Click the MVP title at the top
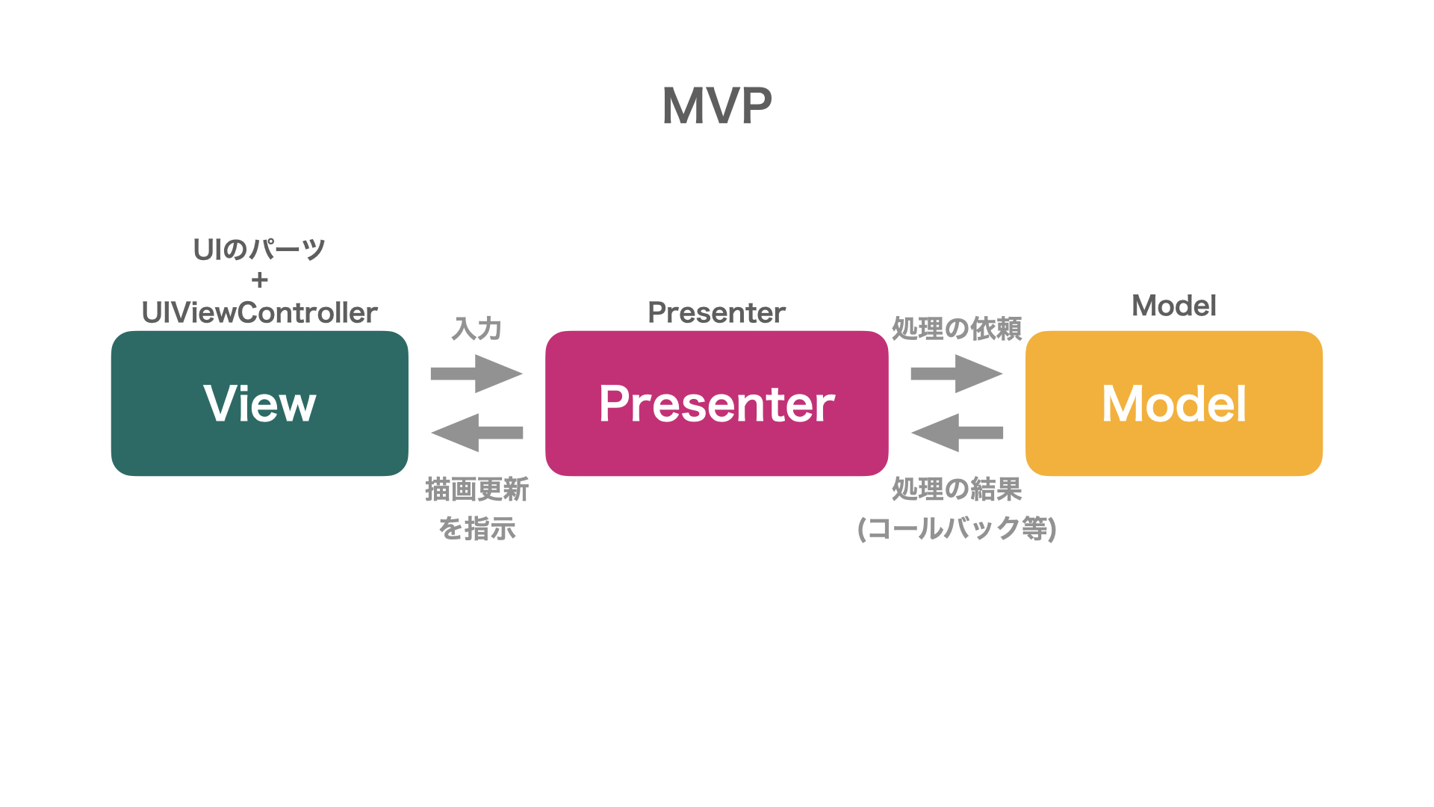click(717, 105)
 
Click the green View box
click(260, 403)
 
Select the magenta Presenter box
click(717, 403)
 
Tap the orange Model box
click(1174, 403)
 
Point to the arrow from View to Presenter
click(477, 374)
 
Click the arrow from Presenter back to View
click(477, 433)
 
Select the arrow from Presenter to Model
click(957, 374)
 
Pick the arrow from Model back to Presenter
click(957, 433)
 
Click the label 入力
click(477, 329)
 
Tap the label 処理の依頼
click(957, 329)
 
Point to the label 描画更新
click(477, 489)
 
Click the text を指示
click(477, 528)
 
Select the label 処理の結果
click(957, 489)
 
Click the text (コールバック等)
click(957, 528)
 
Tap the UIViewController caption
click(260, 312)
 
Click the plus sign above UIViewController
click(260, 280)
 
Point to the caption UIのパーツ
click(260, 249)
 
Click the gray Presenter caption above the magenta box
click(717, 312)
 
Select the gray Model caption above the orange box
click(1174, 306)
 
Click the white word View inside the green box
click(260, 403)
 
